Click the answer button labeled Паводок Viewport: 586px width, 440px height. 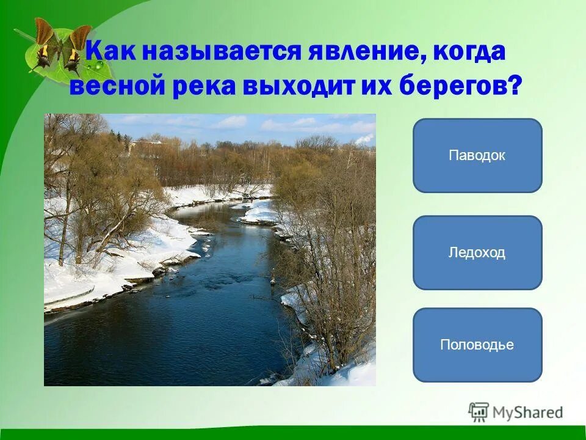477,155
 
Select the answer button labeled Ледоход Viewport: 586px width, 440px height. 477,252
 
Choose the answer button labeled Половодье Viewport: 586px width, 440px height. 477,345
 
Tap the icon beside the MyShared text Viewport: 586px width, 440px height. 479,412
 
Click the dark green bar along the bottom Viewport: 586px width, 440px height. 293,434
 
